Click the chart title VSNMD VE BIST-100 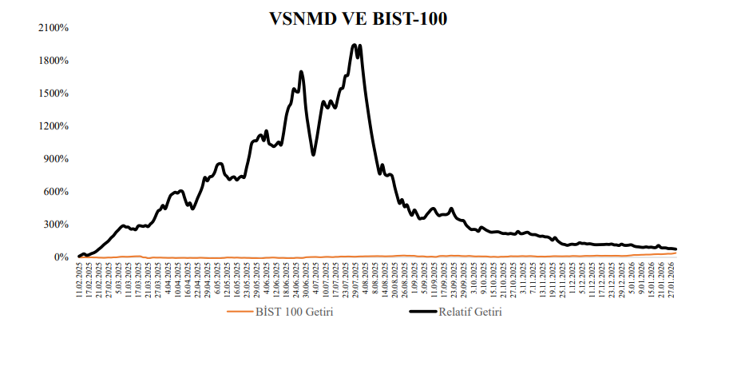click(359, 18)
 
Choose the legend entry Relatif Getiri click(470, 312)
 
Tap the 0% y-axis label click(61, 257)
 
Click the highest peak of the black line click(355, 46)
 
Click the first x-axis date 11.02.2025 click(80, 278)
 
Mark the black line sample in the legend click(417, 312)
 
